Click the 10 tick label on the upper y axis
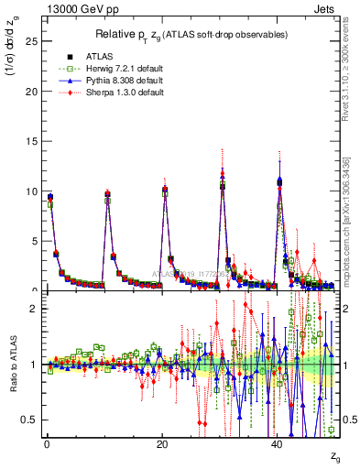click(29, 191)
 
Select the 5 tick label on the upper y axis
click(32, 241)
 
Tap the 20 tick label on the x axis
click(161, 444)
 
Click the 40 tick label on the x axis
click(278, 444)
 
